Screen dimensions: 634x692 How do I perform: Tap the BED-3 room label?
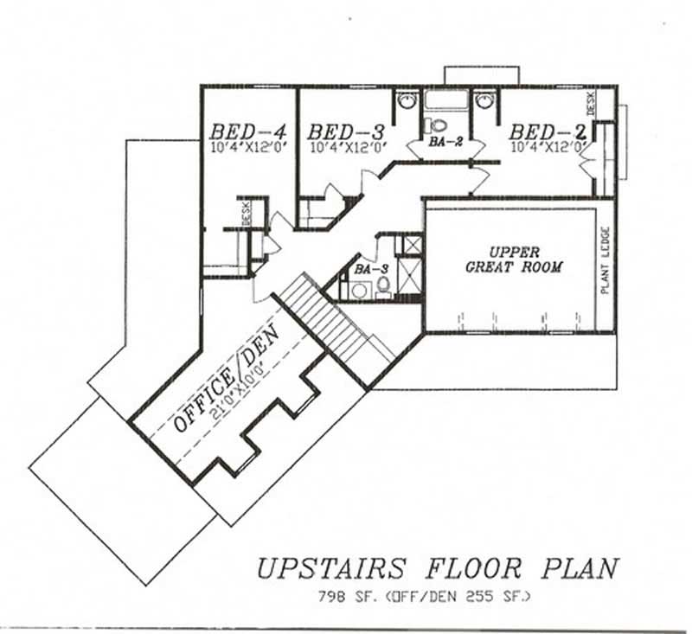click(x=345, y=131)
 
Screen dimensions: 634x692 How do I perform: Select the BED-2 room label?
click(x=548, y=131)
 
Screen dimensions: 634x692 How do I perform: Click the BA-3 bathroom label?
click(x=364, y=269)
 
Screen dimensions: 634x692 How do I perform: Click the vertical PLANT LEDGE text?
click(x=605, y=259)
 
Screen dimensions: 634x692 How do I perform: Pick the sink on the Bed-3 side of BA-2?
click(x=407, y=101)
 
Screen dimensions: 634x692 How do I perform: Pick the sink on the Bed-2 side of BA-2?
click(x=487, y=101)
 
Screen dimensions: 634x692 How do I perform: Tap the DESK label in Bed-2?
click(x=592, y=105)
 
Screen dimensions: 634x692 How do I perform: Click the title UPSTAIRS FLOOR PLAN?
click(x=437, y=568)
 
